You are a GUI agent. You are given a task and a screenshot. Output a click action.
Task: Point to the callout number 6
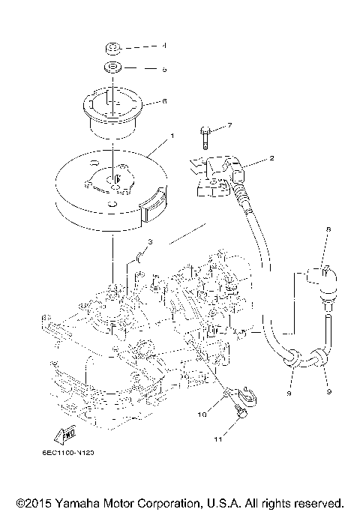point(164,101)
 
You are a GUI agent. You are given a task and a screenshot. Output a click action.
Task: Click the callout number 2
point(272,159)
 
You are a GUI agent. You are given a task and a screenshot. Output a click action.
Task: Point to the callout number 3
point(150,242)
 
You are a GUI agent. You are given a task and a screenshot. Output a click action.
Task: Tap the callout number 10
point(202,413)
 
